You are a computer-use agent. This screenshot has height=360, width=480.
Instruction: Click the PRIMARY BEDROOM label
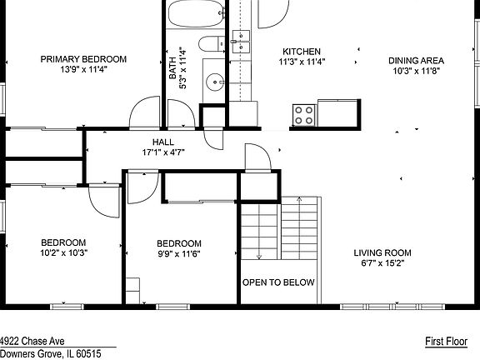(x=83, y=59)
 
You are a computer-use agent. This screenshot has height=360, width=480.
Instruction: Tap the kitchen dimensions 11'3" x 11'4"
(x=302, y=62)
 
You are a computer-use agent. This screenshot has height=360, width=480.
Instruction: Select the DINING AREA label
(x=417, y=60)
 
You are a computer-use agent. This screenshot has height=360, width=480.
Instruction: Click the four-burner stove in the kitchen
(x=304, y=115)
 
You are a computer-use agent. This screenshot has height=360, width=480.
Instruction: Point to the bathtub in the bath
(x=196, y=13)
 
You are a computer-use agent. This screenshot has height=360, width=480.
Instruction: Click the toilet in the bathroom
(x=212, y=44)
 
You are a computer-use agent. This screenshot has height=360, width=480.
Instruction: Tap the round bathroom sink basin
(x=215, y=82)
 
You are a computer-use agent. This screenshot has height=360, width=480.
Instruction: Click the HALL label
(x=163, y=142)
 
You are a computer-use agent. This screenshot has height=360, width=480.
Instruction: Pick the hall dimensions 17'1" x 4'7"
(x=163, y=152)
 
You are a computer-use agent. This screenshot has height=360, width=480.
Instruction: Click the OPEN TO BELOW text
(x=278, y=282)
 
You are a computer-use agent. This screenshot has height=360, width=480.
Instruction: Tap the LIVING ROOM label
(x=382, y=252)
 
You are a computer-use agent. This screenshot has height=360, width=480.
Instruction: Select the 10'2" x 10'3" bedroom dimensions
(x=63, y=252)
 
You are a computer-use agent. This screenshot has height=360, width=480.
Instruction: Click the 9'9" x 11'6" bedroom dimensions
(x=179, y=254)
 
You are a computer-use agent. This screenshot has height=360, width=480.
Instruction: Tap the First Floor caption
(x=447, y=342)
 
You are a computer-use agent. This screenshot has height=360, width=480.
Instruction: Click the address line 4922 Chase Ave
(x=32, y=341)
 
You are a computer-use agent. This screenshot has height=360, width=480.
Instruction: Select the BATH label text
(x=172, y=68)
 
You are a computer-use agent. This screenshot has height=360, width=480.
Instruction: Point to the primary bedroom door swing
(x=144, y=112)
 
